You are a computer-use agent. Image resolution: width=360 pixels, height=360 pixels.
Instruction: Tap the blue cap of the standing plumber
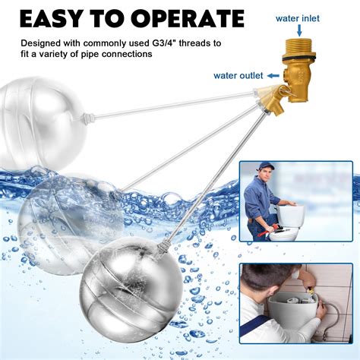point(264,166)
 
